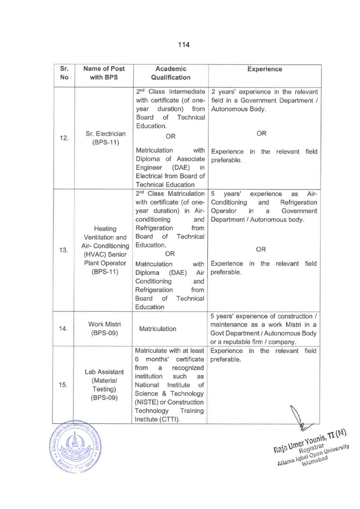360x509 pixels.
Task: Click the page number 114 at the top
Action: click(x=183, y=45)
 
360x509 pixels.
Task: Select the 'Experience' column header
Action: click(x=265, y=69)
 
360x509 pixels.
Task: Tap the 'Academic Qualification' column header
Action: click(x=171, y=73)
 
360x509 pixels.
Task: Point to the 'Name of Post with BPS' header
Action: click(x=104, y=73)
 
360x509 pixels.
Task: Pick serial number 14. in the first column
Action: click(x=64, y=329)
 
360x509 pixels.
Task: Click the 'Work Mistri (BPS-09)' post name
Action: click(x=104, y=329)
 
